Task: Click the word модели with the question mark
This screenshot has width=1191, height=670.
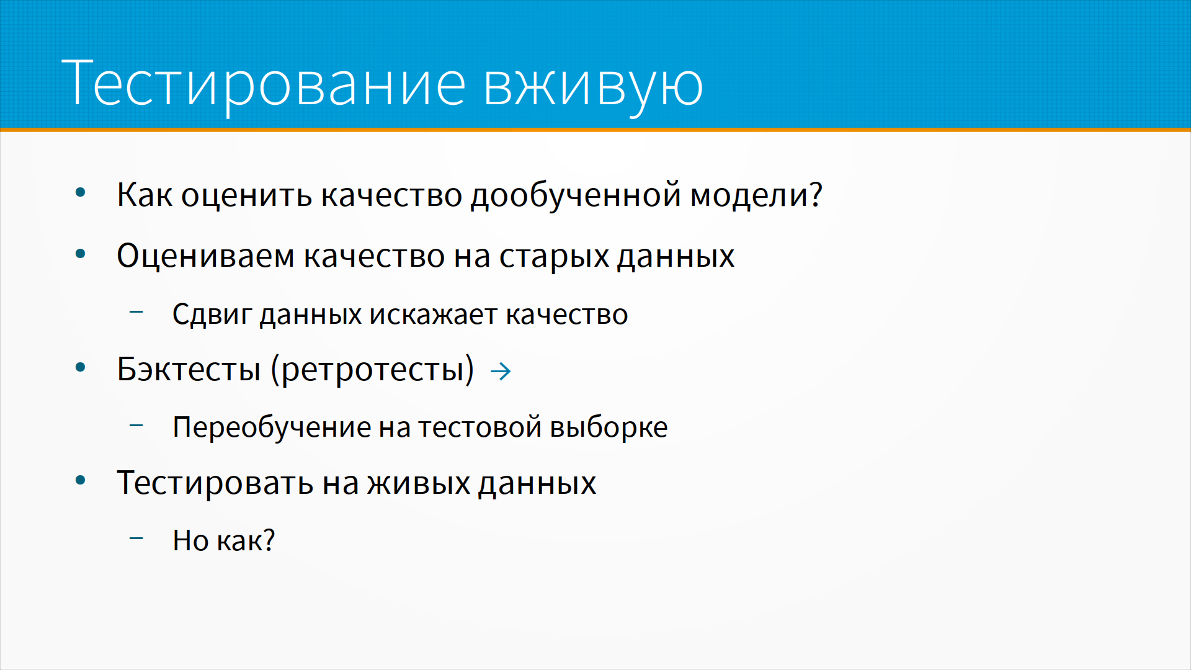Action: coord(756,195)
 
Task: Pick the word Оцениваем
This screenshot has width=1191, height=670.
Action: coord(206,255)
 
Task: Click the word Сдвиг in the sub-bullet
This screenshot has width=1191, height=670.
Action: coord(212,314)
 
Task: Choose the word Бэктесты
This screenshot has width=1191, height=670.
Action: coord(189,369)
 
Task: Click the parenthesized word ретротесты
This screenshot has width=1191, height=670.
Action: coord(372,370)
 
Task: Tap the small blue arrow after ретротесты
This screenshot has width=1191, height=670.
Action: coord(501,372)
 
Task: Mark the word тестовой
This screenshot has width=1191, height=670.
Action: coord(480,427)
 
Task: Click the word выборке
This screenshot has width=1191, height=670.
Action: coord(609,427)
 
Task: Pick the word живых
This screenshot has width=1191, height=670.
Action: coord(419,483)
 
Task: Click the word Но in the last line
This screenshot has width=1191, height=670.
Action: coord(190,540)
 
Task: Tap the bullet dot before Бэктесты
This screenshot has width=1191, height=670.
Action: coord(80,367)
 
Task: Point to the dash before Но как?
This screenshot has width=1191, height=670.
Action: coord(136,538)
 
